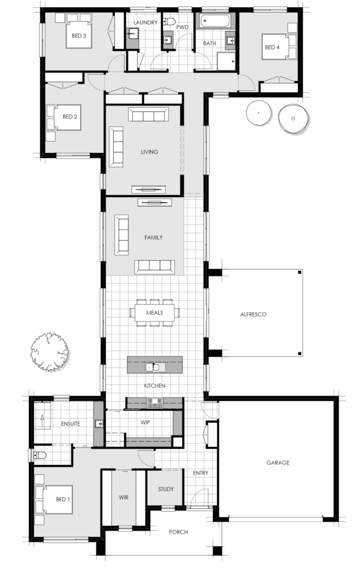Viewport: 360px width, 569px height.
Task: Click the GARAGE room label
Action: [x=278, y=462]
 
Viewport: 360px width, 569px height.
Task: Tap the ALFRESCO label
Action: [x=253, y=315]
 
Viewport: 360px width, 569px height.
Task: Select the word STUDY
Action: [x=166, y=489]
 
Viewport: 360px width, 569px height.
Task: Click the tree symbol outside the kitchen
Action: [x=49, y=351]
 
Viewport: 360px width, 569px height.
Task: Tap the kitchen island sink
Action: [x=152, y=367]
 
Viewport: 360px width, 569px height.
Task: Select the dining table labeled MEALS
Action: [x=154, y=312]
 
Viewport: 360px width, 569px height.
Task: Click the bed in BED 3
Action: [x=79, y=33]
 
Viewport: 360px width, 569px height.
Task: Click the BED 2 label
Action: [x=69, y=117]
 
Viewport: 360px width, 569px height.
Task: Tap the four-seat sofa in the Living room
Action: [x=148, y=115]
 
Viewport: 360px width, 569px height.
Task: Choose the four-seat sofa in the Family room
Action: [x=154, y=266]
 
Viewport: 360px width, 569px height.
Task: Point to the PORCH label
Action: [x=179, y=532]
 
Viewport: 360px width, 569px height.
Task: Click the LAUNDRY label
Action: [x=146, y=22]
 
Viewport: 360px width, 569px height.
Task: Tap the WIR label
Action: [x=123, y=497]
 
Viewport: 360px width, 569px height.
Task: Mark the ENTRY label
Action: [x=200, y=473]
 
